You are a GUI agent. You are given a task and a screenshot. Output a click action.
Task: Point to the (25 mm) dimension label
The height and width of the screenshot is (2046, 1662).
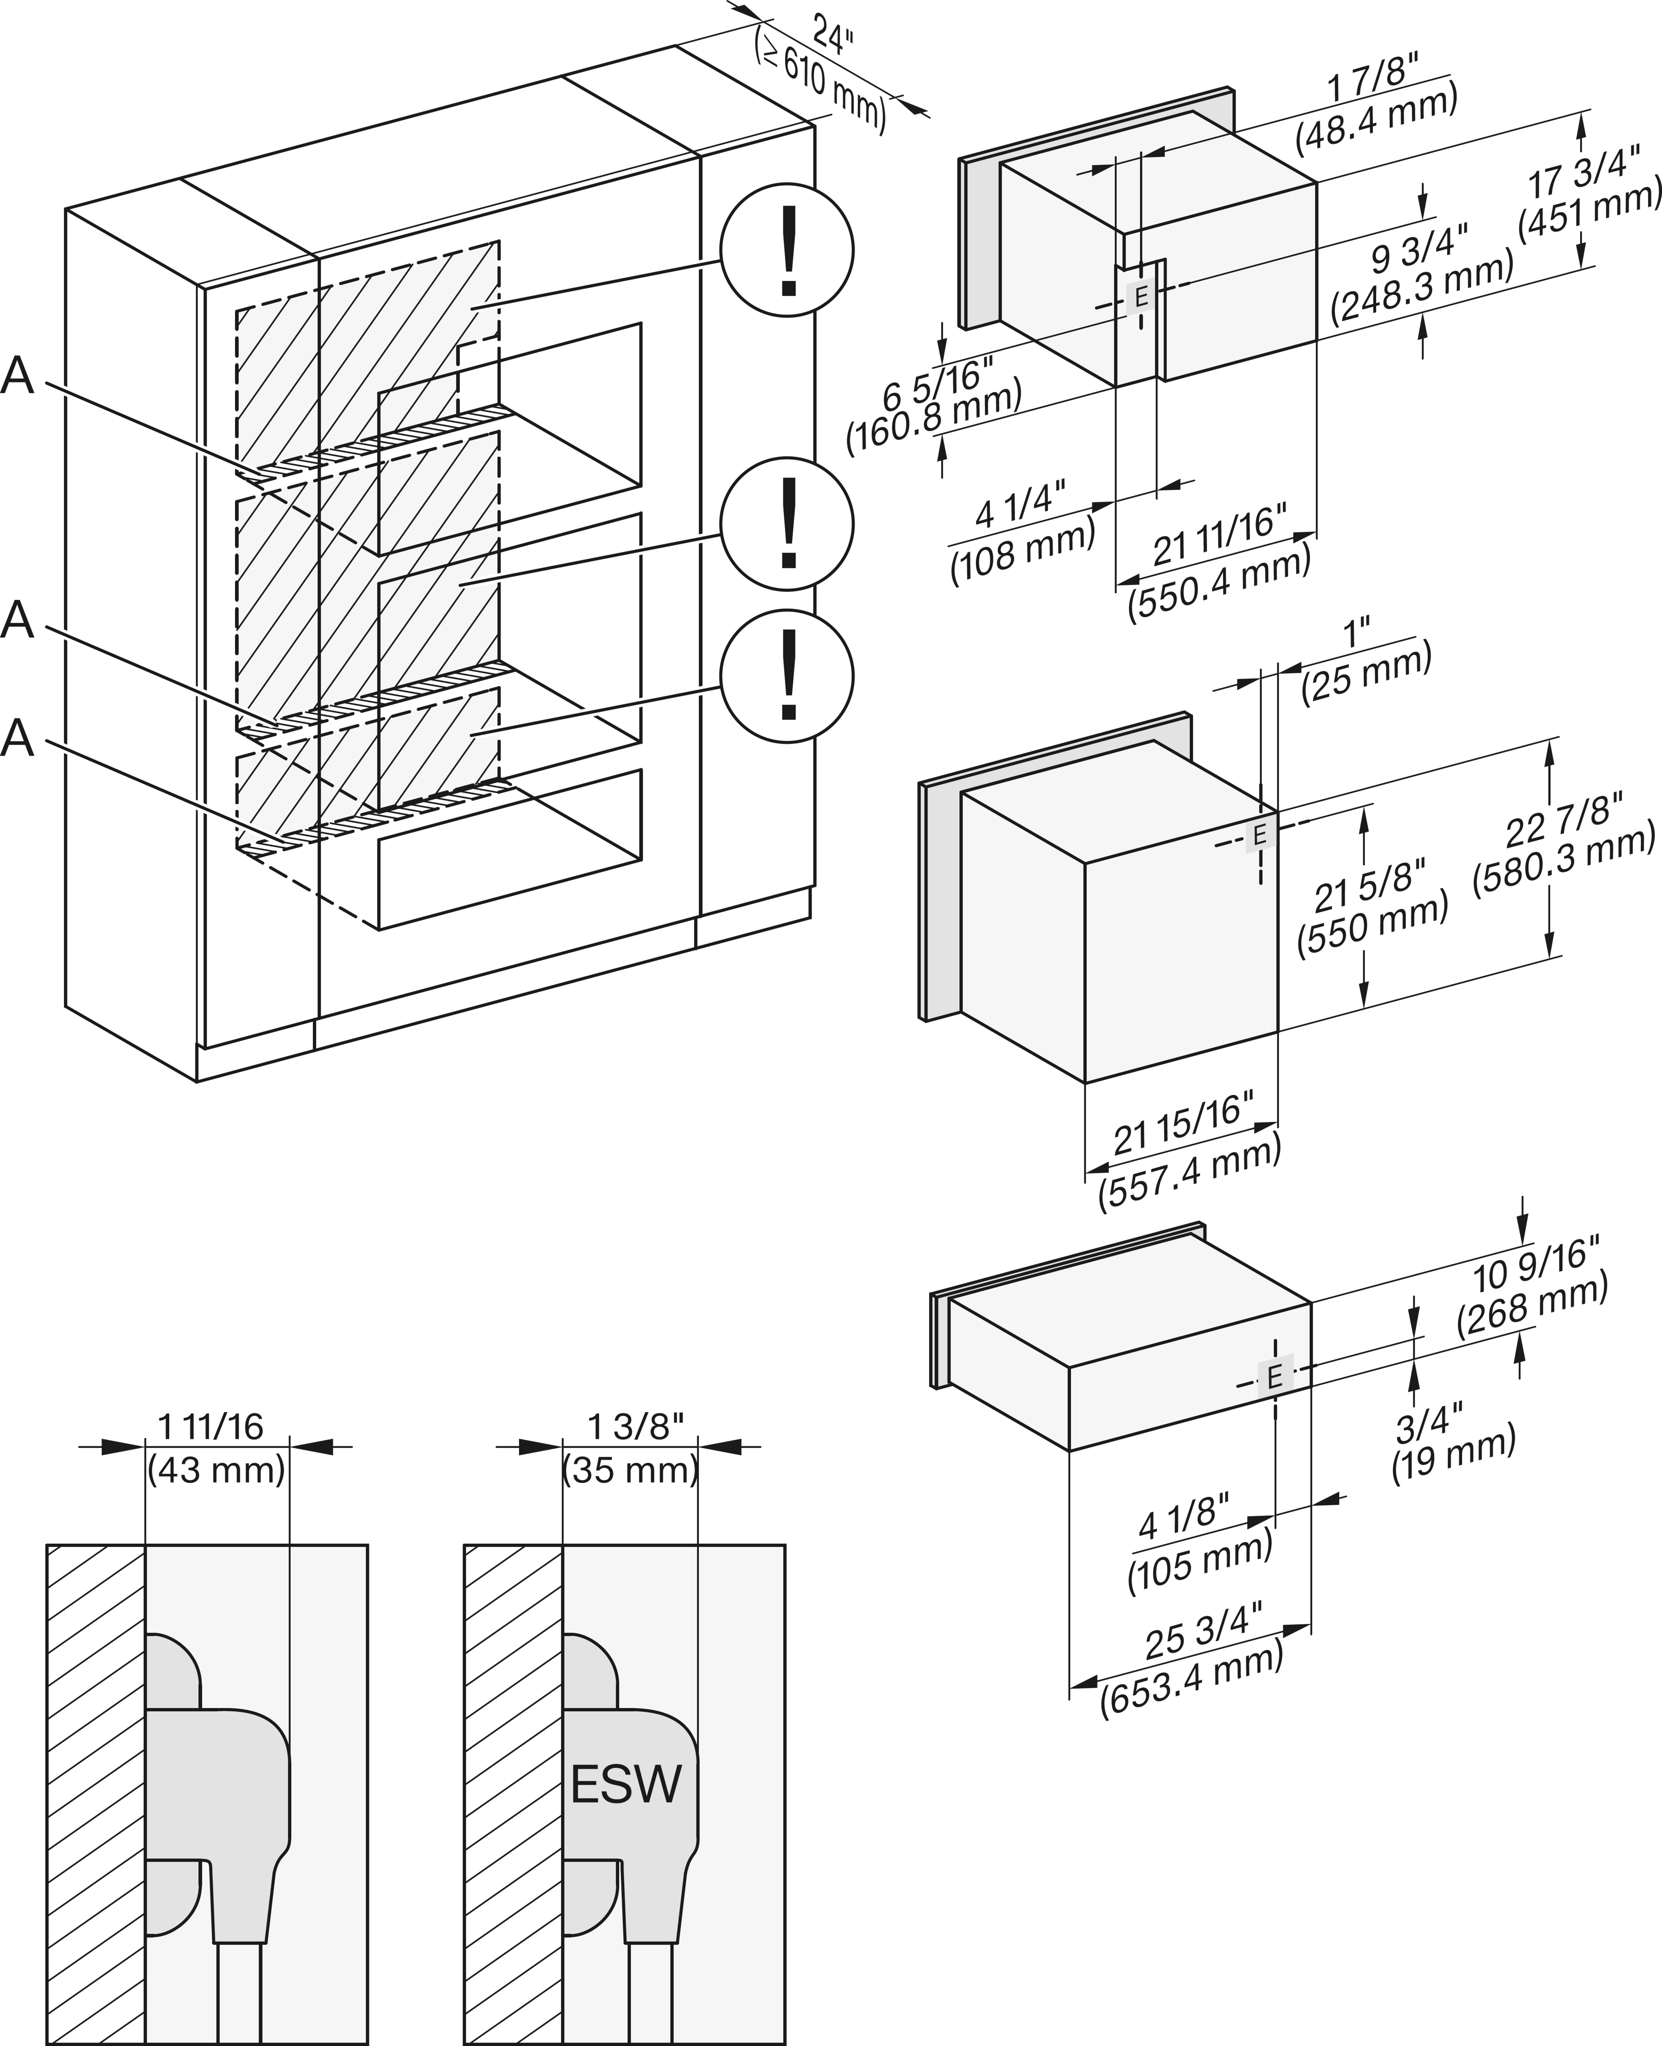click(x=1366, y=674)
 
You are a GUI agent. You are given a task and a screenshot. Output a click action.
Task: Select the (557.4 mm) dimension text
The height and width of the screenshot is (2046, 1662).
click(x=1190, y=1174)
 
